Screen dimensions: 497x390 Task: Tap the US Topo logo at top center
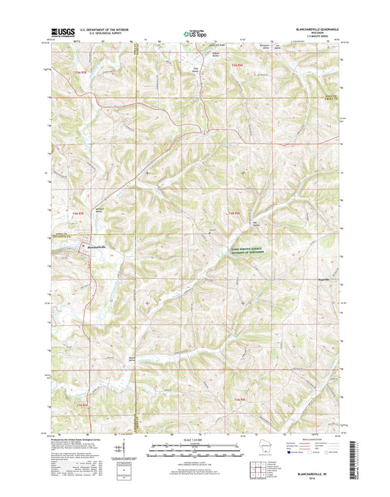click(194, 32)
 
